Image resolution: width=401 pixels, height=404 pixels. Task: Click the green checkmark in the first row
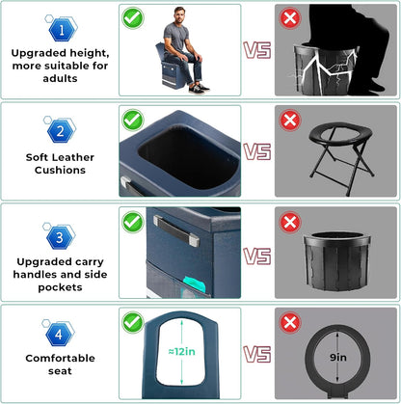[134, 17]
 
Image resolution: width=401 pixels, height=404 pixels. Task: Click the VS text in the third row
[256, 256]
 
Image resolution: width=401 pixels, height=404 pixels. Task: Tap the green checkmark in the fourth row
[134, 319]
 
